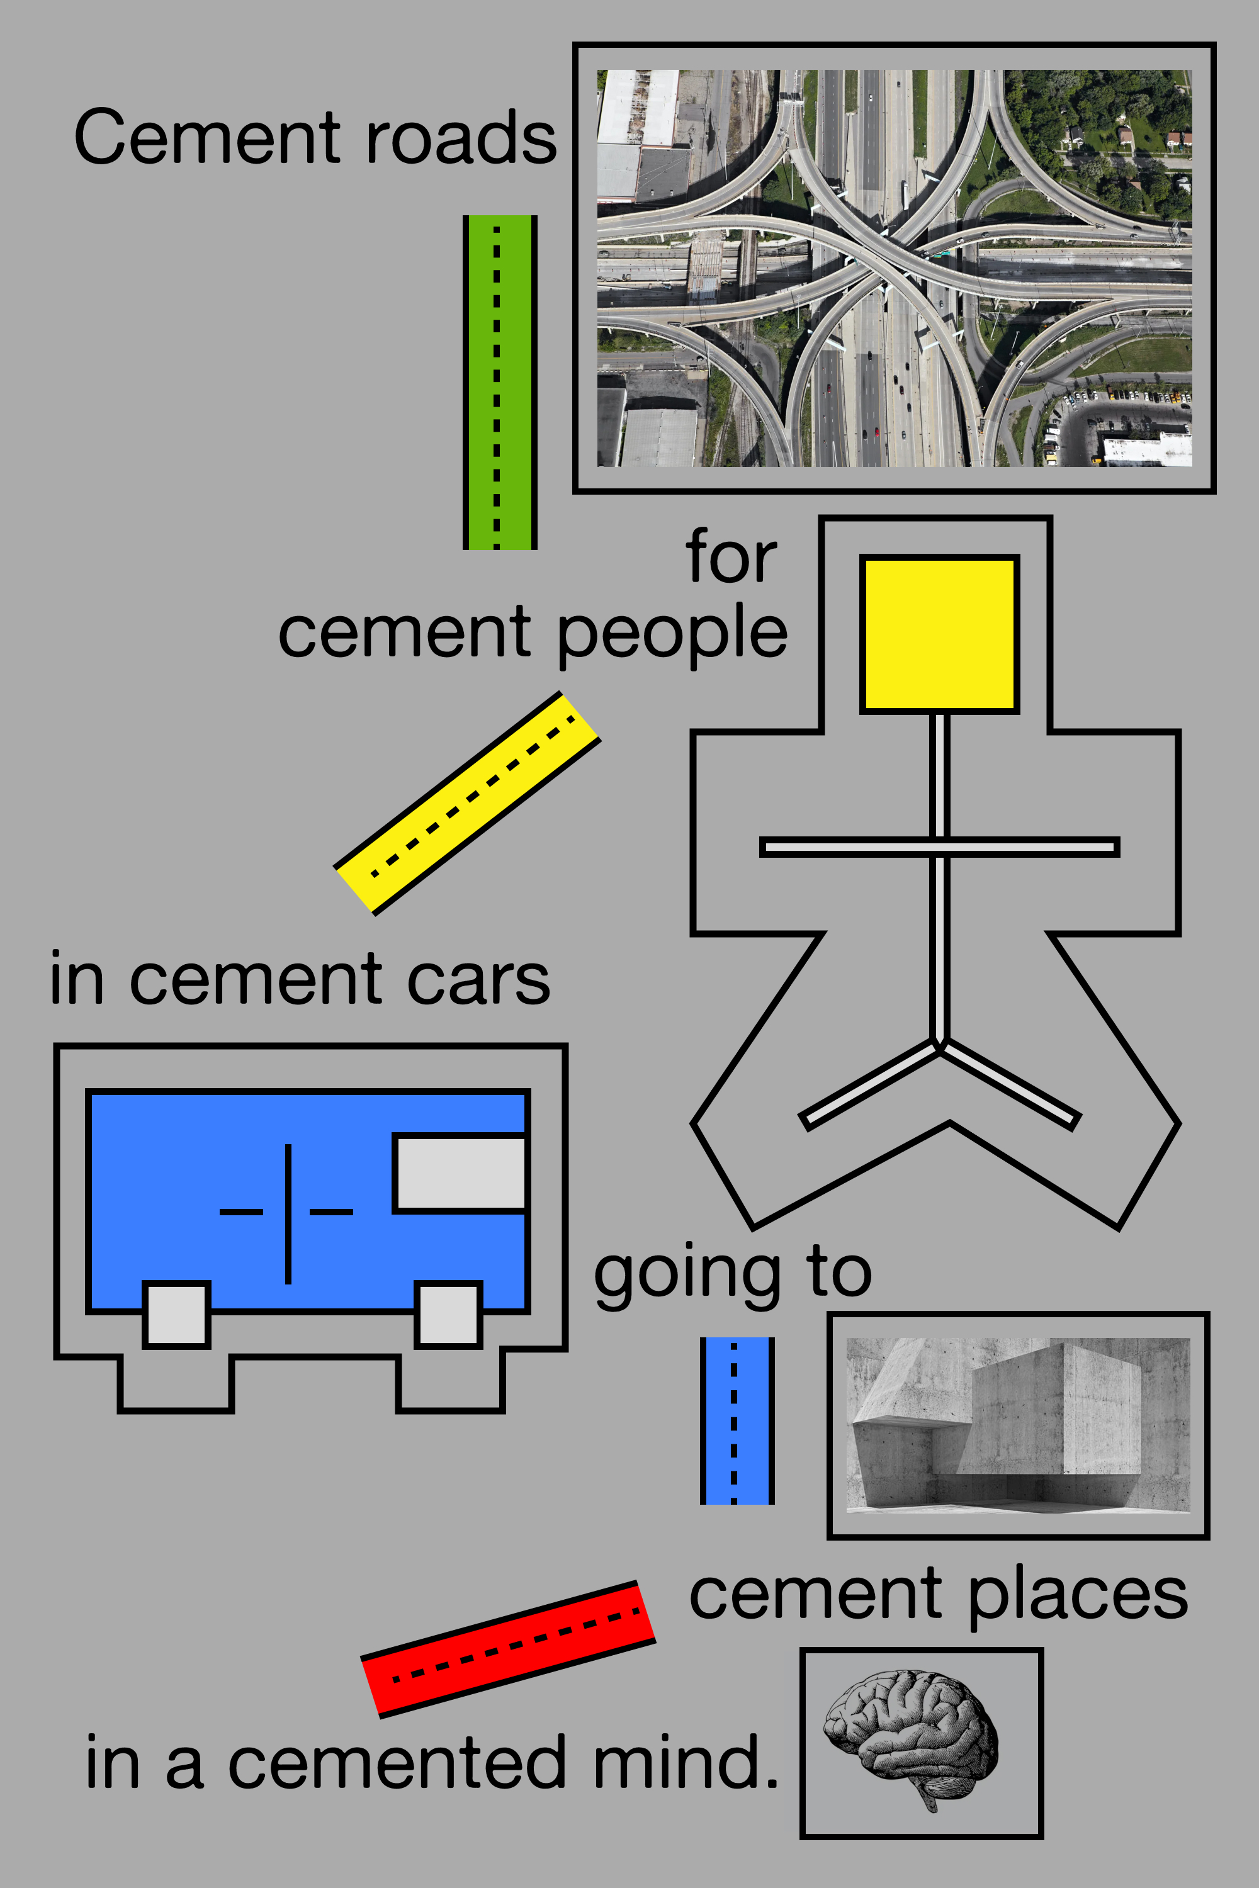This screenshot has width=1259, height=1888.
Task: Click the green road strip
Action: click(499, 382)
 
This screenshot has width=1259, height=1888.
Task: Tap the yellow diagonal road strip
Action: click(466, 803)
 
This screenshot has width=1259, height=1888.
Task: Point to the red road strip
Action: click(508, 1649)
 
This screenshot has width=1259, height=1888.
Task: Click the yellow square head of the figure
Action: click(939, 633)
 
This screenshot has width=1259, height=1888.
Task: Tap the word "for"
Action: click(731, 557)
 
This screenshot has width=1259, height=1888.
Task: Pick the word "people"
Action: click(672, 635)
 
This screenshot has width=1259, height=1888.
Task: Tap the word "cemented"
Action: click(397, 1762)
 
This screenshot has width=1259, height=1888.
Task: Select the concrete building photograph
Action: click(1017, 1425)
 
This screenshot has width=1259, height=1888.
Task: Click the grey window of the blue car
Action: click(460, 1173)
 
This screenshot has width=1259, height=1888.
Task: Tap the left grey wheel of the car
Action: click(177, 1314)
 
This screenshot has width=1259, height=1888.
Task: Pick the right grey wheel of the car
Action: click(449, 1314)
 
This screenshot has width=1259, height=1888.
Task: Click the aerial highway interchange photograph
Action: click(894, 267)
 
